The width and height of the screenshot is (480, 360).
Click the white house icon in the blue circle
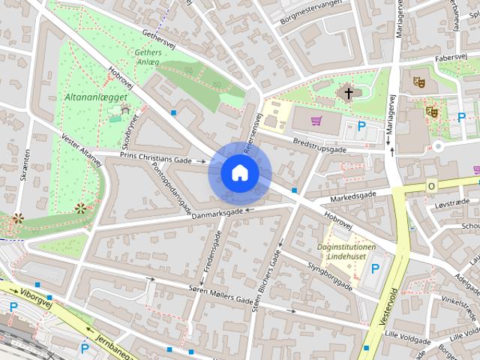[x=239, y=172]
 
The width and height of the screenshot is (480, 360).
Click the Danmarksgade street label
[x=217, y=214]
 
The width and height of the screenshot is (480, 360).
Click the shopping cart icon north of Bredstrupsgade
[x=316, y=121]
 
